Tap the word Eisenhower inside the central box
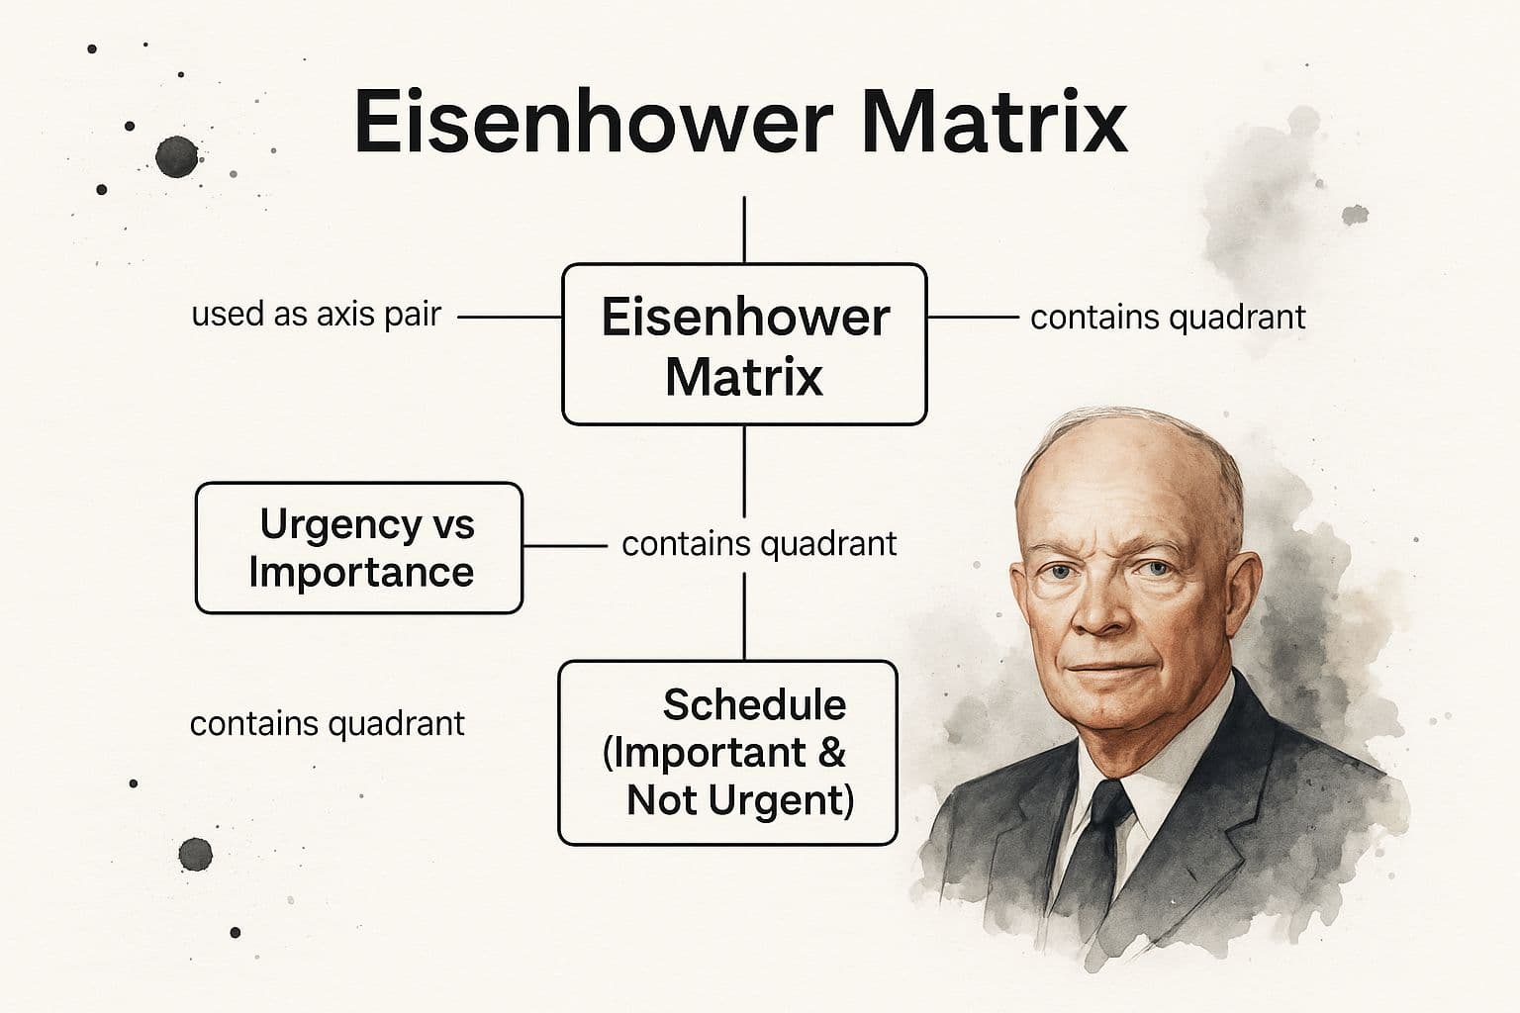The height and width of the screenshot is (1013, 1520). [x=745, y=318]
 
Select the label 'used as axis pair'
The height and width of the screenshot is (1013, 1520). [x=316, y=315]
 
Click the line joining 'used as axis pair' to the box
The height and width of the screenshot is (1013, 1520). [x=510, y=318]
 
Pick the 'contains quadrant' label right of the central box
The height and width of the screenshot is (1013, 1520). [x=1168, y=318]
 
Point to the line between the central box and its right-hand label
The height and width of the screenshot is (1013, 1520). [x=972, y=318]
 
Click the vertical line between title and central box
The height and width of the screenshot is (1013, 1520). [x=744, y=230]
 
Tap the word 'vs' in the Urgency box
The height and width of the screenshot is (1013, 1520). [x=453, y=524]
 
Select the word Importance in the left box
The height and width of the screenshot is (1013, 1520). [x=360, y=572]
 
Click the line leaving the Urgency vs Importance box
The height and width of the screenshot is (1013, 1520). [x=564, y=545]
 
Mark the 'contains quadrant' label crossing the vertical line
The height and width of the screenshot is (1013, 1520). [x=759, y=544]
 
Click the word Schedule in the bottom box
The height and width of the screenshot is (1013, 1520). [x=754, y=705]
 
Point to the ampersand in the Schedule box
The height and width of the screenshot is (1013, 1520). [x=832, y=753]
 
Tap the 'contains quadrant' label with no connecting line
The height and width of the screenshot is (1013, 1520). [x=327, y=724]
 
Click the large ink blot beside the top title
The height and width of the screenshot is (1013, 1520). [x=176, y=155]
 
